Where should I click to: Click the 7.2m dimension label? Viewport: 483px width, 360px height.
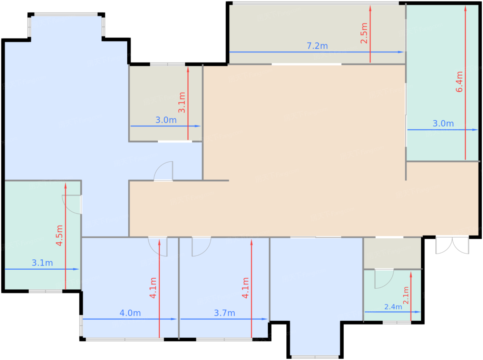[317, 46]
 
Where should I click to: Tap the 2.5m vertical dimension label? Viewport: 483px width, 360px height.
[364, 33]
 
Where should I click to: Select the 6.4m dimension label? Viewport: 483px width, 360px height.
[459, 82]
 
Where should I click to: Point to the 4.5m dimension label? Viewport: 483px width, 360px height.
[59, 236]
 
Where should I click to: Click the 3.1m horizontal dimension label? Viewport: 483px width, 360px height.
[42, 263]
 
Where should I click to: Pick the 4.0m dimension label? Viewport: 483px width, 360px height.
[130, 313]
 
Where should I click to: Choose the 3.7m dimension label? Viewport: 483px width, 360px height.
[225, 313]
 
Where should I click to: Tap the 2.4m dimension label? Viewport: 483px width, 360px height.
[393, 307]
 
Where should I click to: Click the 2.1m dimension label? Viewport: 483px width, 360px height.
[406, 296]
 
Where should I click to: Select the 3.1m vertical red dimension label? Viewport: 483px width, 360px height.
[182, 102]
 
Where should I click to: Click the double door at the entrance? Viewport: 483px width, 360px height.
[452, 246]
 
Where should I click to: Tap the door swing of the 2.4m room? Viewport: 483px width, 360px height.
[384, 279]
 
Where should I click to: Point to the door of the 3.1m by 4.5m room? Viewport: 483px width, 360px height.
[72, 204]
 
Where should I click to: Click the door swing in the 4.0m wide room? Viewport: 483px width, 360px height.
[158, 247]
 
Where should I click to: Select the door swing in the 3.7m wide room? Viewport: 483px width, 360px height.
[201, 247]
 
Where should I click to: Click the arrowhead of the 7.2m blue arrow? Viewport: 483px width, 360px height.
[401, 52]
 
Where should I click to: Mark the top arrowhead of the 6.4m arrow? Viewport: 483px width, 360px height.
[465, 8]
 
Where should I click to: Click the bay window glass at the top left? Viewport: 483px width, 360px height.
[66, 14]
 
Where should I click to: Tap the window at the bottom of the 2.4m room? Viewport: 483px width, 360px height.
[397, 322]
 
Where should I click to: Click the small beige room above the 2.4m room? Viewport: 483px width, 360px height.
[392, 253]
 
